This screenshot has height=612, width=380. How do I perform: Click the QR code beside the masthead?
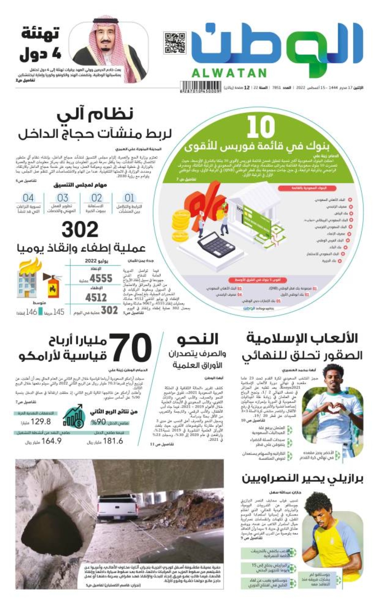pos(174,43)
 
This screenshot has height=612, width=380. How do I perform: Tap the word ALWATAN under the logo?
pos(229,73)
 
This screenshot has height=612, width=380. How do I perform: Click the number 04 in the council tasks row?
pos(28,198)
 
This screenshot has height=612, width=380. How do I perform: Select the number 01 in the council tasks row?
pos(130,198)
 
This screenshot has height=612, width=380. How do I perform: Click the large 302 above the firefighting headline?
pos(80,229)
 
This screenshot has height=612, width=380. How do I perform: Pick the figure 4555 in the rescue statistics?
pos(101,278)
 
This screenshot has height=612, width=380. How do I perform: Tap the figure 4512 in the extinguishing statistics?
pos(96,297)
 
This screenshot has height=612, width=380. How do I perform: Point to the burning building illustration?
pos(28,279)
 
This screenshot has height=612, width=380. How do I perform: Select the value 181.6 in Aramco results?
pos(113,441)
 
